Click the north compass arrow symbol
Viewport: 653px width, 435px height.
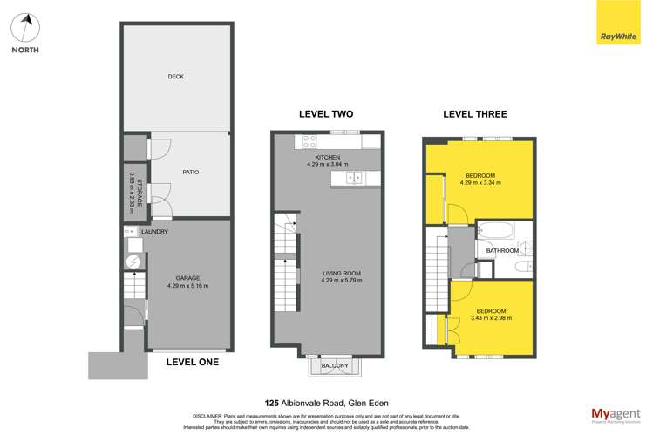[x=28, y=25]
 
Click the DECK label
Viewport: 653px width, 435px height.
[x=176, y=77]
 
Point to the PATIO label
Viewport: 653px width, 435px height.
[x=190, y=172]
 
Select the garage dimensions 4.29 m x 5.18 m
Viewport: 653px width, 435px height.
[x=187, y=286]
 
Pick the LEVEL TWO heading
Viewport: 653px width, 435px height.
[x=326, y=114]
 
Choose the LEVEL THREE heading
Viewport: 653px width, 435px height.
[x=474, y=114]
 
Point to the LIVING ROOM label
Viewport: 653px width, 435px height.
[x=328, y=274]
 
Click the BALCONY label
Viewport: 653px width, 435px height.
[x=336, y=365]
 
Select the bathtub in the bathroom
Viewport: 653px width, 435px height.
[x=496, y=233]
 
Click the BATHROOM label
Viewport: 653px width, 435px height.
[x=502, y=251]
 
